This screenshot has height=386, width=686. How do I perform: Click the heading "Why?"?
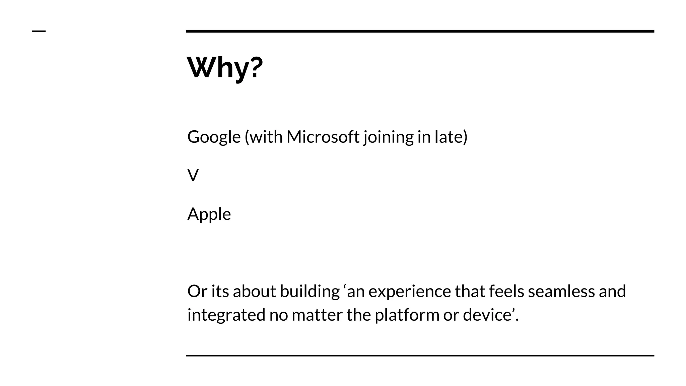225,68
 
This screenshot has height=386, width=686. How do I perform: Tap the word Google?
214,137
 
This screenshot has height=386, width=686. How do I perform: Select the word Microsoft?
323,137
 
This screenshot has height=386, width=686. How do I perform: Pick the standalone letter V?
193,176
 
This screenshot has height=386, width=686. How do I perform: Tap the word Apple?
209,214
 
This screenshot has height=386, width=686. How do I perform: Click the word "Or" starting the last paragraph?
197,291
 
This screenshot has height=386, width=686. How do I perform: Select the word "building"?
310,291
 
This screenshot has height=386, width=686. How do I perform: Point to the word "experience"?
409,291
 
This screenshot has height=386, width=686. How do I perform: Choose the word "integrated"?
226,315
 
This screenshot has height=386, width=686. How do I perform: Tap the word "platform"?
407,315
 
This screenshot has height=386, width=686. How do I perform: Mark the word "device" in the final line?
487,315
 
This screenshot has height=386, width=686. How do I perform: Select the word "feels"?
506,291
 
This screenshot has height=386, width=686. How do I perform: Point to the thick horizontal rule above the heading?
420,31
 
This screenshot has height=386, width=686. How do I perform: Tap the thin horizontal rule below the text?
420,356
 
